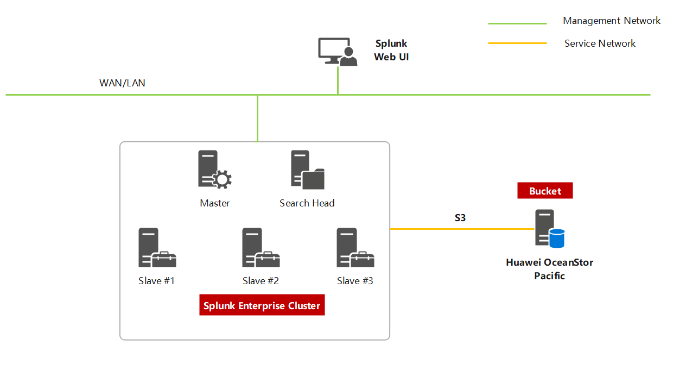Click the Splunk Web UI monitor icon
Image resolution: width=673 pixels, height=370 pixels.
(x=337, y=52)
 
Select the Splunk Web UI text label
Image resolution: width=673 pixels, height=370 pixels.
(x=391, y=50)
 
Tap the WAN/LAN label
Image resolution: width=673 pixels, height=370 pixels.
(x=122, y=83)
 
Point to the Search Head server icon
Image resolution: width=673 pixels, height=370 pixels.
(x=307, y=170)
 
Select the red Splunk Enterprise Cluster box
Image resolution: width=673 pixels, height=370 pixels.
(x=262, y=306)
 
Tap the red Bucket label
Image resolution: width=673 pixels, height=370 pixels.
(x=544, y=191)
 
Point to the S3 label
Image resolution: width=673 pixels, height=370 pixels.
(x=460, y=218)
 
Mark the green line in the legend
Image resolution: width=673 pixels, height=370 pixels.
(x=517, y=24)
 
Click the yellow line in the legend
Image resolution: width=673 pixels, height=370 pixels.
(x=517, y=43)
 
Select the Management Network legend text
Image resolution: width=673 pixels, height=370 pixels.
(x=612, y=21)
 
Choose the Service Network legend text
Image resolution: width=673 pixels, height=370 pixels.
(x=600, y=43)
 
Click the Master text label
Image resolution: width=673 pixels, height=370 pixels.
(x=214, y=203)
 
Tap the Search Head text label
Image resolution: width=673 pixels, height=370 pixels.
(x=307, y=203)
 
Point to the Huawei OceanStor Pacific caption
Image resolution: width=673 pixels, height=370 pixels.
(x=549, y=269)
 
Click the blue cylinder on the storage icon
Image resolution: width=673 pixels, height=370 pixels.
(x=556, y=238)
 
